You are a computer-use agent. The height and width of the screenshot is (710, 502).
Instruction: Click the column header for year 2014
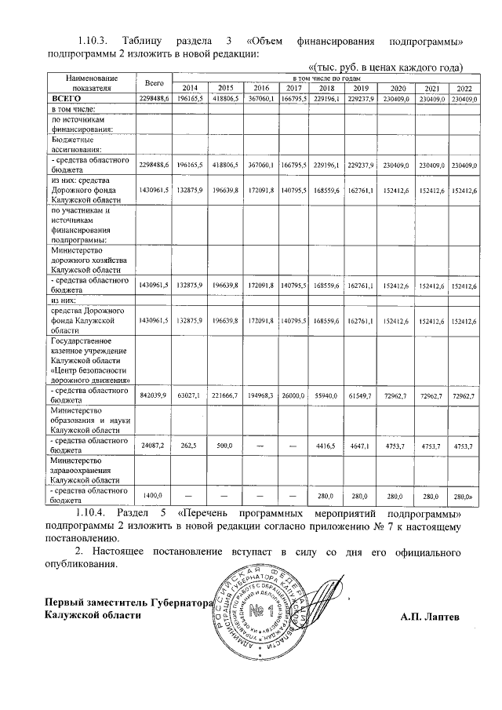(190, 88)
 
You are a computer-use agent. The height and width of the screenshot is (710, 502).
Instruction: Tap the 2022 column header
(464, 88)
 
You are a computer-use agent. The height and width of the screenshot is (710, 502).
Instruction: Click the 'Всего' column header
(154, 82)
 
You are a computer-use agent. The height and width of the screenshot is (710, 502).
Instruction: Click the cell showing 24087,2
(154, 446)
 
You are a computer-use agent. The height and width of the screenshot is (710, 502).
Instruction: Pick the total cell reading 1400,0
(154, 496)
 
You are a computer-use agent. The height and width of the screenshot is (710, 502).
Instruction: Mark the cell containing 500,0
(226, 446)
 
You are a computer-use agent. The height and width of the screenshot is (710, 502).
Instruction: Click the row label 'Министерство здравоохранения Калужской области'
(84, 471)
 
